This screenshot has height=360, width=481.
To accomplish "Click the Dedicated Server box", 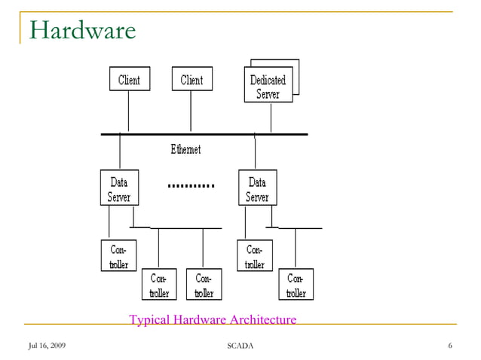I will (268, 86).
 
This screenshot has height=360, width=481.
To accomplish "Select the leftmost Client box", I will (129, 80).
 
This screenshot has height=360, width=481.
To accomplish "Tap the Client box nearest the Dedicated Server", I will (191, 80).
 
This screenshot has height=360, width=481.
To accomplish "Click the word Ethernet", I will (185, 150).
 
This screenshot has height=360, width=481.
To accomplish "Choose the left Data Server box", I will (118, 188).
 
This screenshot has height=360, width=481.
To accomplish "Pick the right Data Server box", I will (257, 188).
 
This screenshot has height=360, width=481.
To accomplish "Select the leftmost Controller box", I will (118, 256).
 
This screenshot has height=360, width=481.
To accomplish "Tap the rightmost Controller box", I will (296, 285).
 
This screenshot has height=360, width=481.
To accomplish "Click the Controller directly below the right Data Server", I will (255, 256).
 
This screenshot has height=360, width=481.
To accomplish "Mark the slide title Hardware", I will (83, 30).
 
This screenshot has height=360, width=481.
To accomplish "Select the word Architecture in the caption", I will (261, 320).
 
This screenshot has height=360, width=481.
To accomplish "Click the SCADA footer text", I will (240, 346).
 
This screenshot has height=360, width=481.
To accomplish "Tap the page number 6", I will (449, 346).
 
